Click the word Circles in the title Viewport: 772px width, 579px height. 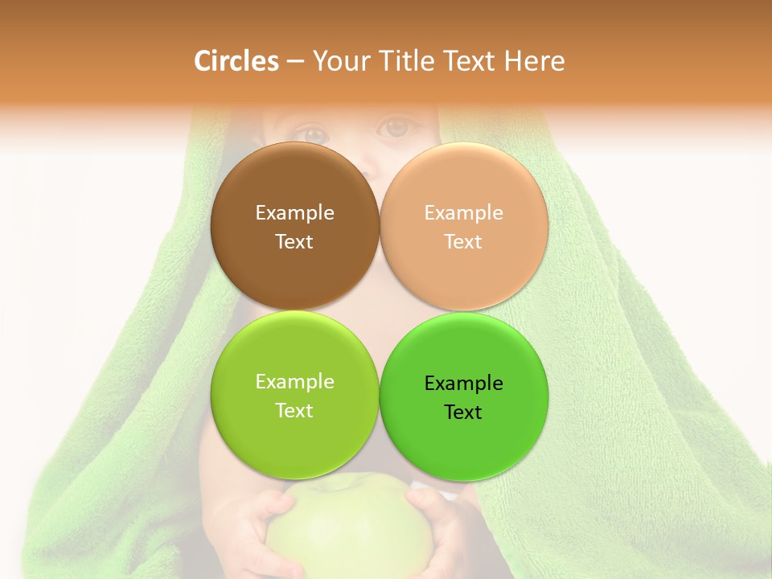236,61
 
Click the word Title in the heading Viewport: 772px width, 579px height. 407,61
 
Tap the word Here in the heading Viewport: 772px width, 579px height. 535,61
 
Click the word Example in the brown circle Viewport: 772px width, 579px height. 294,212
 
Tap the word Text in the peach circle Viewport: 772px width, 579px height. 463,241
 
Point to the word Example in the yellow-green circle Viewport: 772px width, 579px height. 294,381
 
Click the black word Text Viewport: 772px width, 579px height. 463,412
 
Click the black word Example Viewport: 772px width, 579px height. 463,383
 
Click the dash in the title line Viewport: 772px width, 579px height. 295,62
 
